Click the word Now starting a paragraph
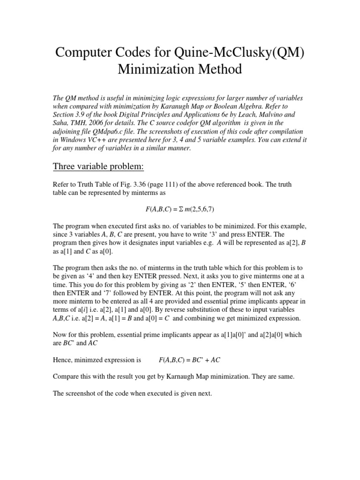click(60, 336)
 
